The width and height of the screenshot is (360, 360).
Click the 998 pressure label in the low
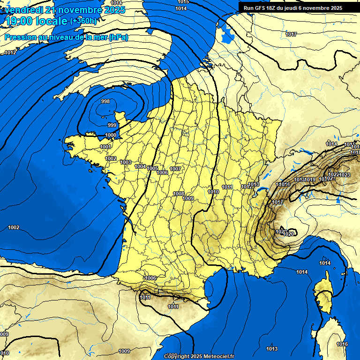(x=105, y=102)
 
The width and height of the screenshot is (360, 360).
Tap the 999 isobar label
(x=112, y=125)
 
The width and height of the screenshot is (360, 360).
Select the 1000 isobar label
(x=111, y=135)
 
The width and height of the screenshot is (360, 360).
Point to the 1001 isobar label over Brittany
(x=105, y=147)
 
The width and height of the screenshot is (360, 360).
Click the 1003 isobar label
(x=126, y=162)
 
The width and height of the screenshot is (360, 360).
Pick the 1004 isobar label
(x=140, y=166)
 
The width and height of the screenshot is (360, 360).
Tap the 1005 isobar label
(x=152, y=168)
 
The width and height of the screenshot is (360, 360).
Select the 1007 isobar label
(x=175, y=169)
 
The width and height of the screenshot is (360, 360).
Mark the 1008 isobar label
(x=179, y=194)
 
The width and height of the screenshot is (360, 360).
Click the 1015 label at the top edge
(x=183, y=2)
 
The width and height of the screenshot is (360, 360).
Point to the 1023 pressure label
(x=345, y=175)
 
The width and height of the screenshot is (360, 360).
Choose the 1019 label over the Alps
(x=310, y=180)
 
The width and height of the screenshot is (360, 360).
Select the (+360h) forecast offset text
(x=83, y=21)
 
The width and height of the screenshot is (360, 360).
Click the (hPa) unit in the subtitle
(x=119, y=37)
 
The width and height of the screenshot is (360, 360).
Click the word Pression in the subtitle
(x=18, y=37)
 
